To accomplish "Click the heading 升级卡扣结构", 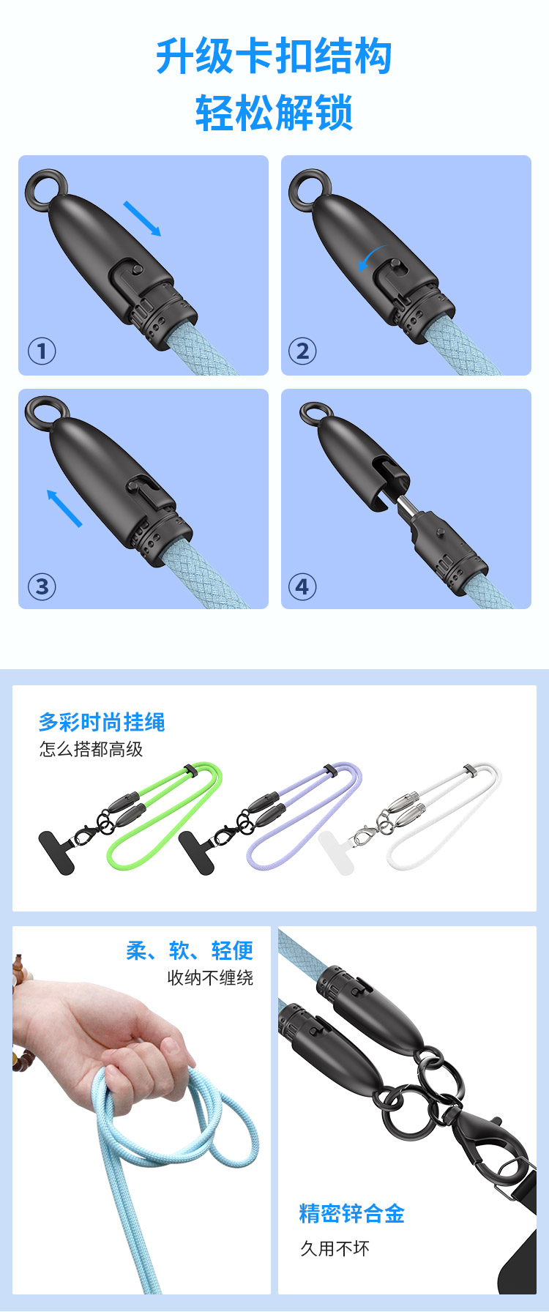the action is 274,56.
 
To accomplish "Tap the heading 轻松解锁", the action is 274,113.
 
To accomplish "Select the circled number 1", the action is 42,351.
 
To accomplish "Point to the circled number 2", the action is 302,351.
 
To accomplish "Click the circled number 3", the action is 42,586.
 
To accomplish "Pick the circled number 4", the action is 302,586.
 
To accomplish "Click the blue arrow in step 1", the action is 142,219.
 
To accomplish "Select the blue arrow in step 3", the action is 64,508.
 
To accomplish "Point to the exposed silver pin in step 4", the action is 405,504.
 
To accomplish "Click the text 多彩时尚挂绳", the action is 102,723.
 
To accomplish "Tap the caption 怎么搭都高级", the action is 91,749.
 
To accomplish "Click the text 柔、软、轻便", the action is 190,950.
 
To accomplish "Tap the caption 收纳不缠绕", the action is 210,977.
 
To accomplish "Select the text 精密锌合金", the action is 351,1214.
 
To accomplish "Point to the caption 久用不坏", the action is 335,1248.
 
